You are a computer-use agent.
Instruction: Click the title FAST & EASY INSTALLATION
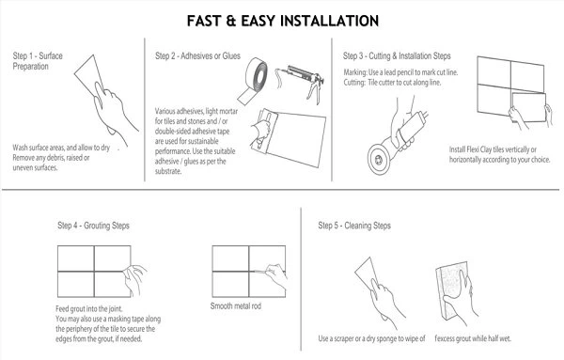coord(282,19)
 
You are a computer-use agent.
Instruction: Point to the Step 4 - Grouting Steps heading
coord(94,227)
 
